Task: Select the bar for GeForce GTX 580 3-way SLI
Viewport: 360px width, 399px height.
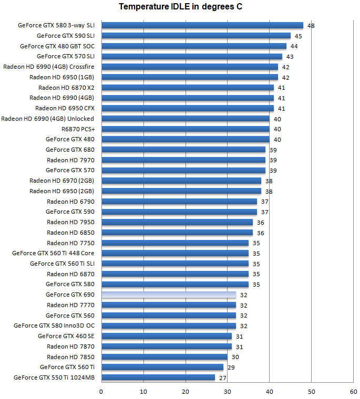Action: coord(202,25)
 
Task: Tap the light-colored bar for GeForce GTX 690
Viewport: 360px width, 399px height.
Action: coord(169,295)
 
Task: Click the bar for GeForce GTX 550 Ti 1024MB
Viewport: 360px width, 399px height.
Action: coord(158,377)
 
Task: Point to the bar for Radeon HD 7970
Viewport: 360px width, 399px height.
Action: coord(183,160)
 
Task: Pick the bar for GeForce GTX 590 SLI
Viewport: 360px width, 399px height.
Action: coord(196,36)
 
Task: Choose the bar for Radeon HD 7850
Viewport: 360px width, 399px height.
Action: coord(164,357)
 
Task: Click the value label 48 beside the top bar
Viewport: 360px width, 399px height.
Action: coord(311,26)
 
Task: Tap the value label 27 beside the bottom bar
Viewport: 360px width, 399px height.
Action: coord(223,378)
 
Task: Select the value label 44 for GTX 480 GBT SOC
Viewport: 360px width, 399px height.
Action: coord(294,46)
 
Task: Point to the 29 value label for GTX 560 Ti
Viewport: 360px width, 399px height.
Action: coord(231,367)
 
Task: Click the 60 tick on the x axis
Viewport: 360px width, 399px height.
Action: coord(353,391)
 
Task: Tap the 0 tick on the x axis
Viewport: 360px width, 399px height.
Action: coord(101,391)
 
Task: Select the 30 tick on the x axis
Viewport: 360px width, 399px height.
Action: coord(228,391)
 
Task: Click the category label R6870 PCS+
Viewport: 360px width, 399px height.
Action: coord(78,129)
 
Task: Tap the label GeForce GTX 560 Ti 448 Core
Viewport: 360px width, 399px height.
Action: coord(53,253)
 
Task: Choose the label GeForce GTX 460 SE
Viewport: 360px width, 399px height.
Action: coord(66,336)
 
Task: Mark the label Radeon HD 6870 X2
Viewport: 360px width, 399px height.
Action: coord(66,88)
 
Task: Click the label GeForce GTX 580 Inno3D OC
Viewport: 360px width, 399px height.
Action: coord(54,325)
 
